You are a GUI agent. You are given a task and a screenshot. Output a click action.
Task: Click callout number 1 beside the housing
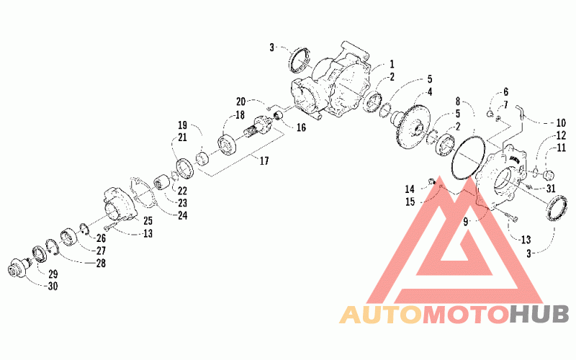pos(392,64)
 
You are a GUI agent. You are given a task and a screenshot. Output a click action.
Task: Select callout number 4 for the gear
pos(429,91)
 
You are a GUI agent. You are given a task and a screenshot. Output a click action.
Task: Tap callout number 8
pos(457,101)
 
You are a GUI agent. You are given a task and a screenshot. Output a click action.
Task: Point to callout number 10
pos(560,122)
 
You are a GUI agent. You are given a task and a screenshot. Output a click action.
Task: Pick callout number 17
pos(264,161)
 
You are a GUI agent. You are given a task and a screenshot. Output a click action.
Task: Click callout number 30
pos(53,287)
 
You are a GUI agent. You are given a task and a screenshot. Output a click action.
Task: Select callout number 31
pos(551,189)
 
